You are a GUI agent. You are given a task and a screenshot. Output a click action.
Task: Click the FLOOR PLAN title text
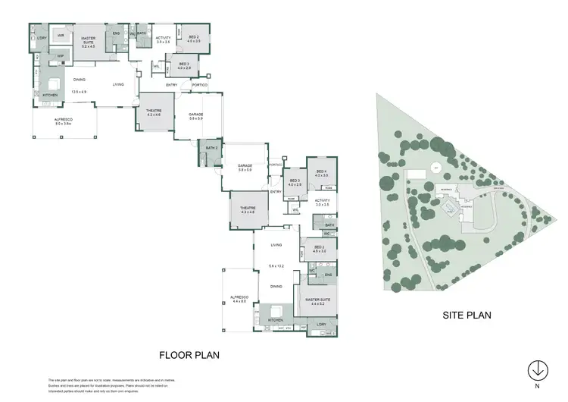pyautogui.click(x=189, y=353)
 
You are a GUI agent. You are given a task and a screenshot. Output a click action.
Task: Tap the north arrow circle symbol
pyautogui.click(x=537, y=370)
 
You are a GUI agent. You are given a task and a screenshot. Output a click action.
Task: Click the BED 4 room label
pyautogui.click(x=320, y=173)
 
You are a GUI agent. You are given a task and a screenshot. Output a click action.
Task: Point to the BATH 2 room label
pyautogui.click(x=211, y=148)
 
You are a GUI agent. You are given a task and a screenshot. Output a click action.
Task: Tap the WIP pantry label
pyautogui.click(x=61, y=55)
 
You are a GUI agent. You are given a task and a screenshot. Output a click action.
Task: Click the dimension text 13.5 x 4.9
pyautogui.click(x=80, y=92)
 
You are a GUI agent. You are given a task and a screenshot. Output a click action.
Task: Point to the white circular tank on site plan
pyautogui.click(x=435, y=168)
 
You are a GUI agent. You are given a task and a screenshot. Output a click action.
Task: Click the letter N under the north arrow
pyautogui.click(x=537, y=385)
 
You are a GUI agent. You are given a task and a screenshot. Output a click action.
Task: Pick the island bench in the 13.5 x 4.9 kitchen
pyautogui.click(x=54, y=84)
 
